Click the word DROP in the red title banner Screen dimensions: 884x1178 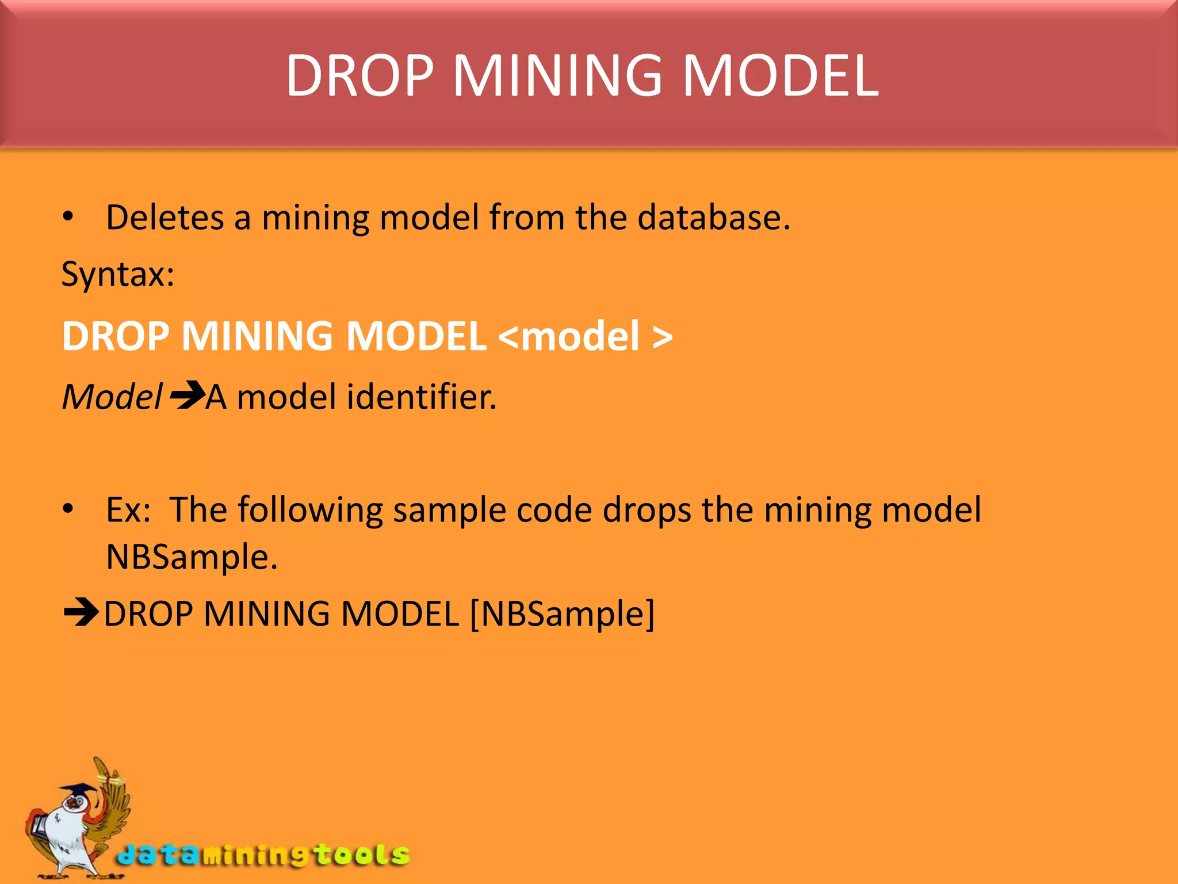[x=359, y=75]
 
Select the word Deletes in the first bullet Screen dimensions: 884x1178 [x=165, y=218]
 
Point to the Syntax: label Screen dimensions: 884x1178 [x=118, y=274]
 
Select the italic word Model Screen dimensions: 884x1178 [x=112, y=397]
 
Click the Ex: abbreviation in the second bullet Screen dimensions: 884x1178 [x=128, y=510]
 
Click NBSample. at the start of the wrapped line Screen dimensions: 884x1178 [x=192, y=557]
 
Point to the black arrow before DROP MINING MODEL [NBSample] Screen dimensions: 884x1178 [x=81, y=612]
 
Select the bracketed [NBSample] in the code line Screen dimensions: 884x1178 [x=562, y=614]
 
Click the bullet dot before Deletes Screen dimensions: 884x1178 [x=68, y=217]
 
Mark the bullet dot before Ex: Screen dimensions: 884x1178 [x=68, y=509]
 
